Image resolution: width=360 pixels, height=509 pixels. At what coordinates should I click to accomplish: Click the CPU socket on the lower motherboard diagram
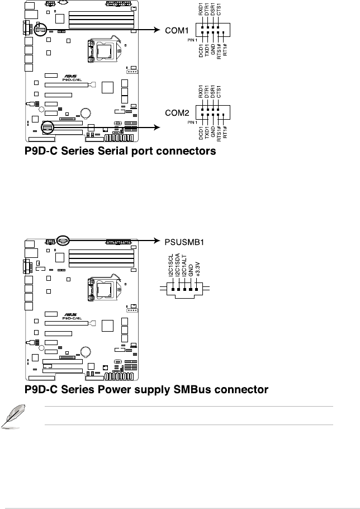[x=103, y=291]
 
